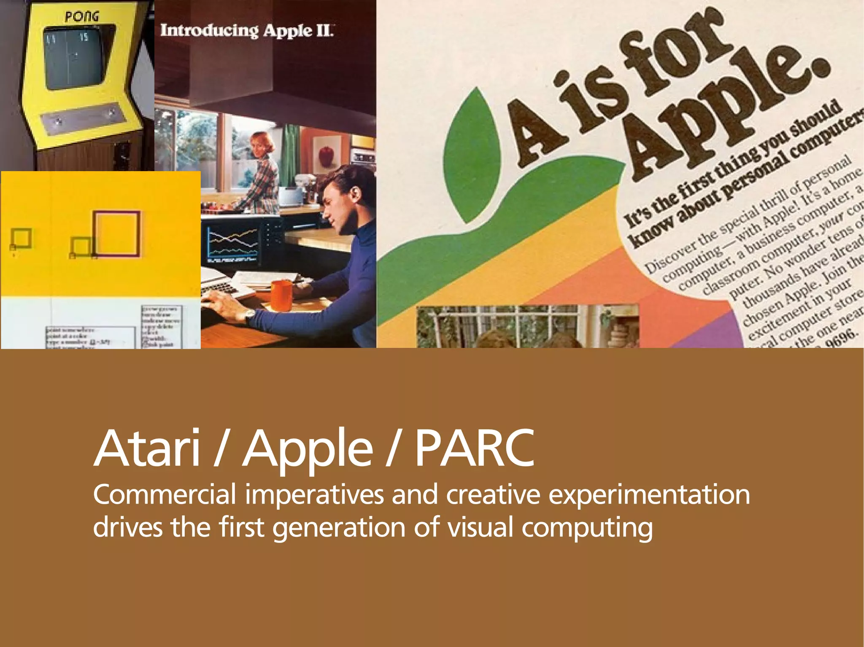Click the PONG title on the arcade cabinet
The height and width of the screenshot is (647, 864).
pyautogui.click(x=82, y=17)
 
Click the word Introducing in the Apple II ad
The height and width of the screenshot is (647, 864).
pyautogui.click(x=209, y=30)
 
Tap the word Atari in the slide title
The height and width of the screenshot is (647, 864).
pyautogui.click(x=146, y=448)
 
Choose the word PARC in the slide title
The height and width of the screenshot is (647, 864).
pyautogui.click(x=475, y=448)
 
